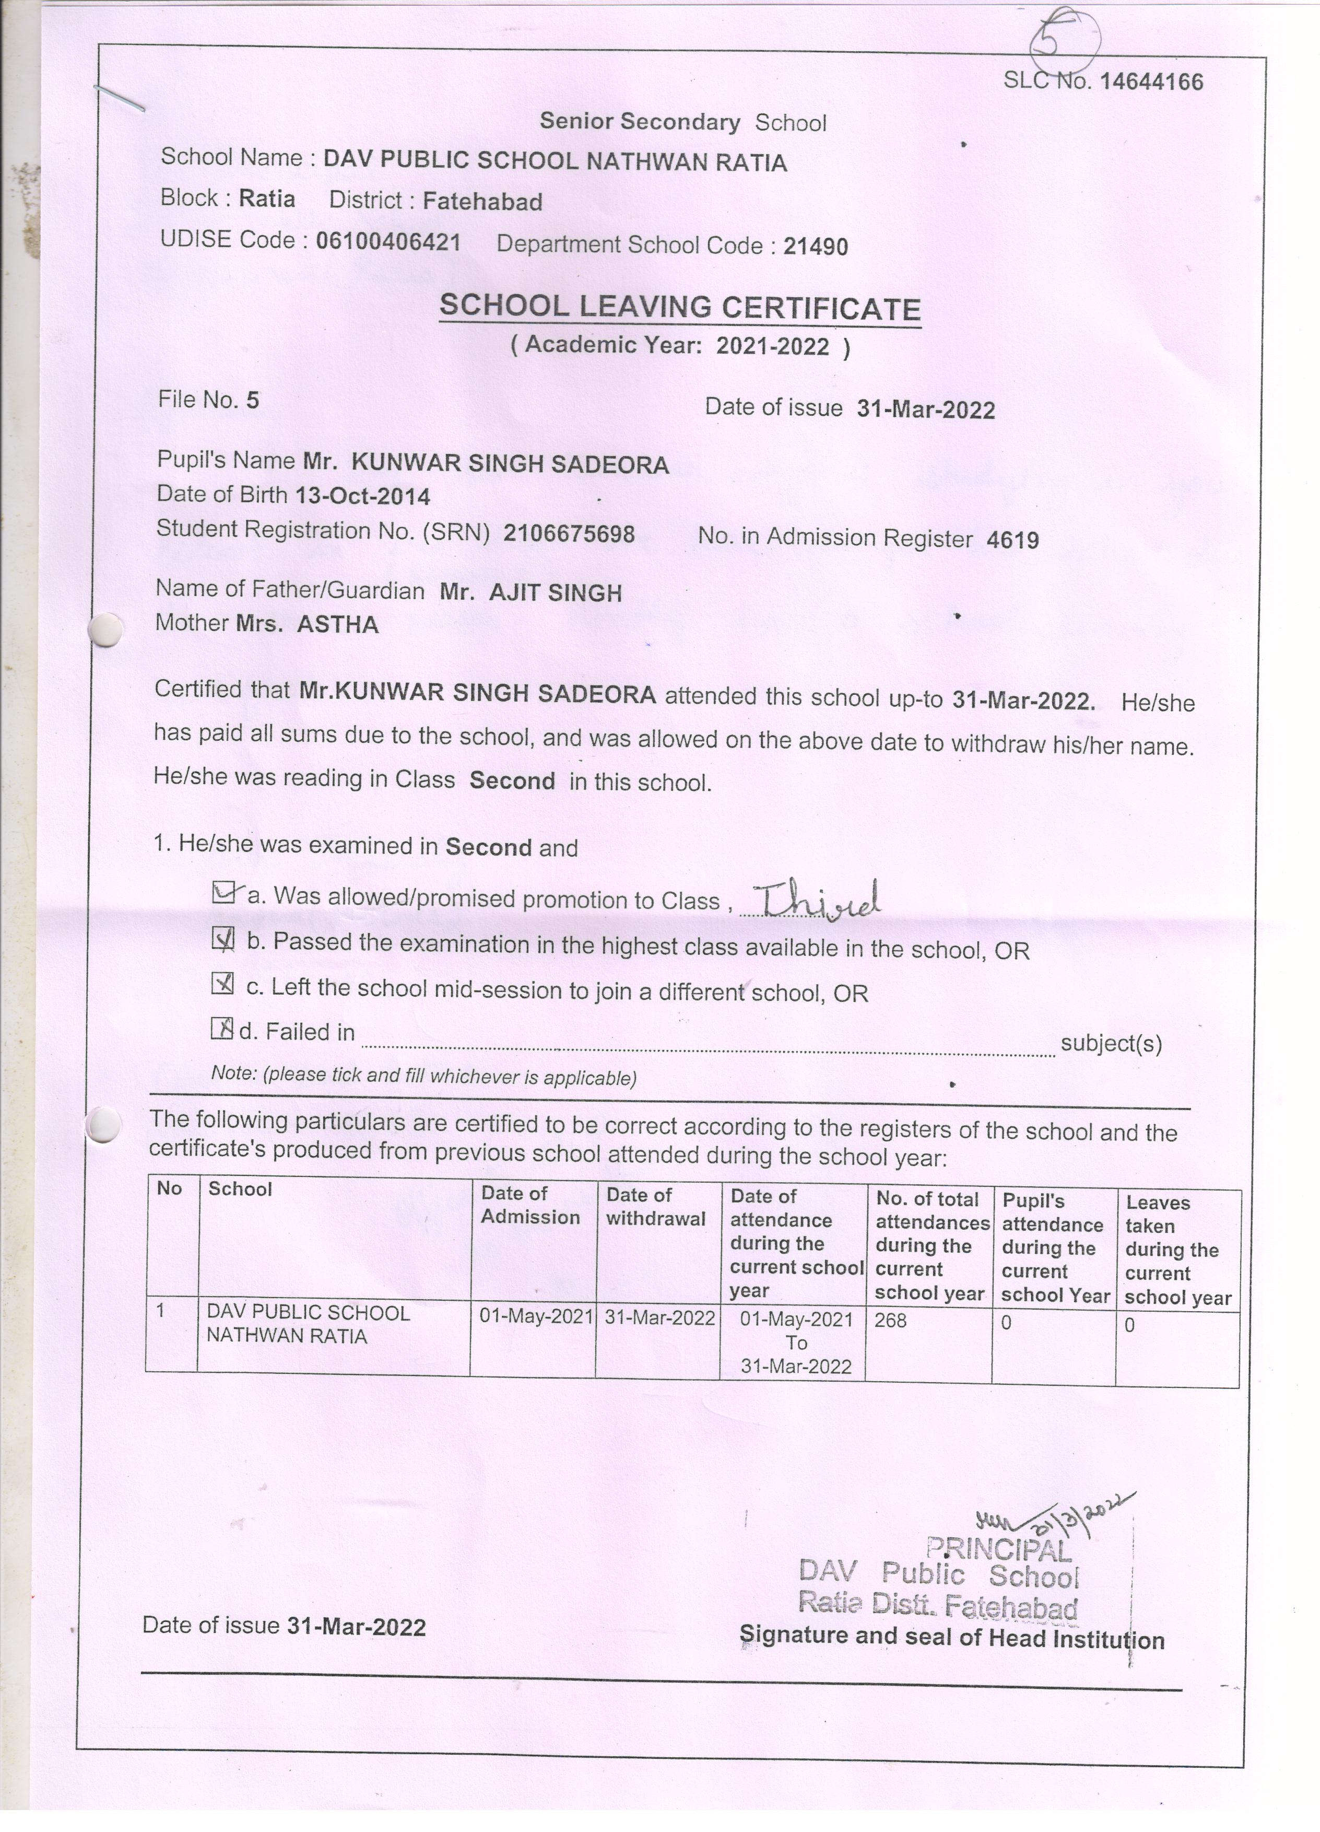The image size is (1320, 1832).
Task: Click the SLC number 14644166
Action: (x=1150, y=81)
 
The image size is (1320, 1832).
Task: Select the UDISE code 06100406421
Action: (x=388, y=241)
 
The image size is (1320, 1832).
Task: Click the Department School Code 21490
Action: (x=816, y=247)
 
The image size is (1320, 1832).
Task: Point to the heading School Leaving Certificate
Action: (x=680, y=308)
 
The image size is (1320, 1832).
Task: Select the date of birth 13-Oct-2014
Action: (x=362, y=495)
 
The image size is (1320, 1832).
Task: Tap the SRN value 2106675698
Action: (x=569, y=533)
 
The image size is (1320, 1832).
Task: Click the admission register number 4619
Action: (x=1012, y=540)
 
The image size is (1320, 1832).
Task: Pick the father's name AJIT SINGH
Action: (x=556, y=593)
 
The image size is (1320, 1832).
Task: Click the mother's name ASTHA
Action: (x=337, y=624)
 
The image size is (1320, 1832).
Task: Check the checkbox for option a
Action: (x=222, y=892)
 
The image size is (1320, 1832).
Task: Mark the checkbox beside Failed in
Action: (x=221, y=1028)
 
